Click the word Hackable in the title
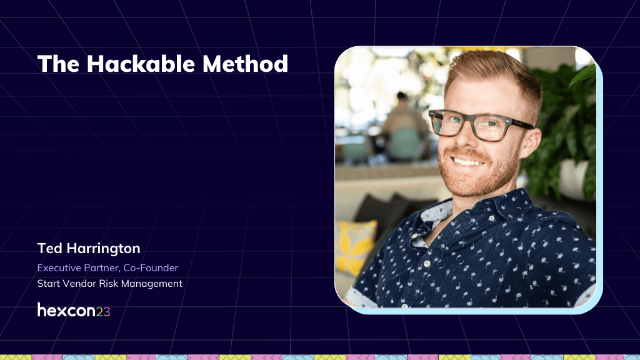[141, 64]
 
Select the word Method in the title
[245, 64]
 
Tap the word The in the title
[58, 64]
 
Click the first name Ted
[49, 248]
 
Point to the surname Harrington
[104, 249]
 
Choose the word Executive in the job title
[59, 267]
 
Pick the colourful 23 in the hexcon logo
[103, 312]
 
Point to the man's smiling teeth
[467, 162]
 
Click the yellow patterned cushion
[355, 246]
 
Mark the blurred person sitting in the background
[401, 126]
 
